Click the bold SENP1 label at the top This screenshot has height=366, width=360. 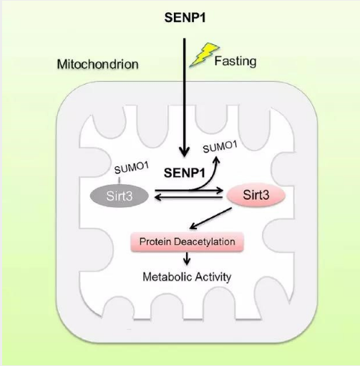(185, 18)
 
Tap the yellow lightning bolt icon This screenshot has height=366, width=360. (204, 54)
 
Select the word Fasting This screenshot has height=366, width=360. (235, 62)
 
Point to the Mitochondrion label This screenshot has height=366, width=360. (97, 64)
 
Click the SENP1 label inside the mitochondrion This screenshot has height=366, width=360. (185, 173)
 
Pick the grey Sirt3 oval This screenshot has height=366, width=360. (120, 196)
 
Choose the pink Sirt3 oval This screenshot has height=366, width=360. (256, 195)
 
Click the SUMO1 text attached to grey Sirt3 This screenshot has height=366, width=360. (132, 168)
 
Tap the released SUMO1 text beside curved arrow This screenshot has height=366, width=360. (220, 147)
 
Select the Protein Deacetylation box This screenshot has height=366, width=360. (187, 241)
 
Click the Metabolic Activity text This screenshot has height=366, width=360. (187, 277)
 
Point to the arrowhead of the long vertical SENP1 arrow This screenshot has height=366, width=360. (184, 152)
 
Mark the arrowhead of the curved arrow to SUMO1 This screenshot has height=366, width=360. (217, 160)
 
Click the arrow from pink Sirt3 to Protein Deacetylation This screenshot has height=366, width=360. (210, 218)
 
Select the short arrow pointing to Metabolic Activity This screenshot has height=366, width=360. (187, 259)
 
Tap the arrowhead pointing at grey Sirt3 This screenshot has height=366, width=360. (158, 197)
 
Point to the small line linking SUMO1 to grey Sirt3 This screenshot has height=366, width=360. (120, 180)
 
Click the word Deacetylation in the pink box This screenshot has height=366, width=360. (205, 241)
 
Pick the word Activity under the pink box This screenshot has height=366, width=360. (213, 277)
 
